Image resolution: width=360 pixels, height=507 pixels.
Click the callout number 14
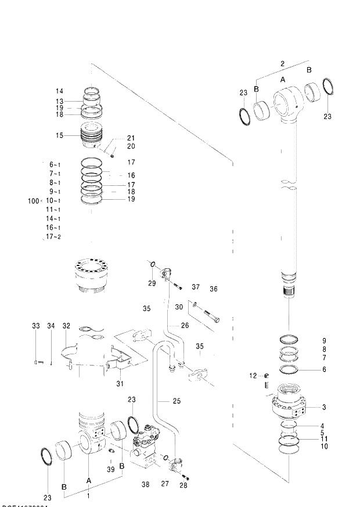pos(59,91)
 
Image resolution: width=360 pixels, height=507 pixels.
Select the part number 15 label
pos(59,136)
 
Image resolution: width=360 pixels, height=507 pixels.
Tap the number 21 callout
pos(131,138)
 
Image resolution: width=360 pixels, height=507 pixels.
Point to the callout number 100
pos(33,201)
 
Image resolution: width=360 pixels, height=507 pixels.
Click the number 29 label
pos(152,283)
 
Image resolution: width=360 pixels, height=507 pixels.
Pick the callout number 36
pos(213,289)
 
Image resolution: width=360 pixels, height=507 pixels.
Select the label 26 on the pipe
pos(185,325)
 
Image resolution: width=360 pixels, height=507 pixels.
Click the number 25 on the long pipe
pos(177,401)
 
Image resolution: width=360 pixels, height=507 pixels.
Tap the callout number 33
pos(36,326)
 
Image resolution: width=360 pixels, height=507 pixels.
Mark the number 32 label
pos(66,326)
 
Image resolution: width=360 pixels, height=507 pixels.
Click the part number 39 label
pos(110,469)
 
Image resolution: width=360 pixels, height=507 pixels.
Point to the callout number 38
pos(146,484)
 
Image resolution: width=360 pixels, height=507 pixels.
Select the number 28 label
pos(184,484)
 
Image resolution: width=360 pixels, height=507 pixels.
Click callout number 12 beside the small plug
pos(253,376)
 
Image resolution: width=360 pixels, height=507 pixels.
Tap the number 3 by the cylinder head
pos(324,407)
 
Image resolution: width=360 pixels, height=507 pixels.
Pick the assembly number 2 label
pos(282,63)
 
